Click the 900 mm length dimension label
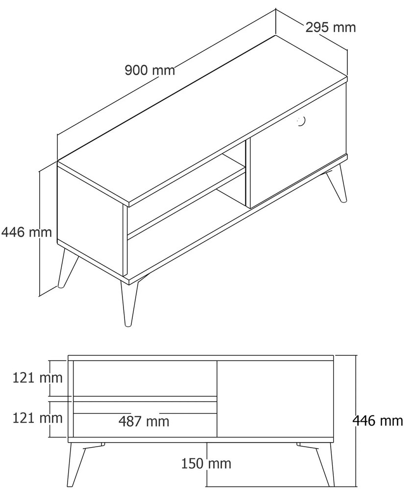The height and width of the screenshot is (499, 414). click(150, 70)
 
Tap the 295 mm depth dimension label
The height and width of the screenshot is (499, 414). click(331, 27)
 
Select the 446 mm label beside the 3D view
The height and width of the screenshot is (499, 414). click(26, 232)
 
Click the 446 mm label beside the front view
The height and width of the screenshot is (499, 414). click(378, 421)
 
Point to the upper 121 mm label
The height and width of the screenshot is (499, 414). click(38, 378)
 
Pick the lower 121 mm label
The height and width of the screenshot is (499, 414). click(38, 418)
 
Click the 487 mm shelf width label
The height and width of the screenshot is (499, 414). click(144, 421)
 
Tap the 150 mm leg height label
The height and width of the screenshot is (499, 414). click(206, 463)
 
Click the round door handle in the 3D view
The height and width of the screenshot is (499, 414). click(301, 121)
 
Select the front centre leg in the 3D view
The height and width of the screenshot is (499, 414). click(128, 302)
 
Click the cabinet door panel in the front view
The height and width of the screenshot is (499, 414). click(275, 399)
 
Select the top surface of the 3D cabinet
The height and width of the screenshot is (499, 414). click(202, 119)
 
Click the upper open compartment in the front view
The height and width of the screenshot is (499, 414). click(146, 378)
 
